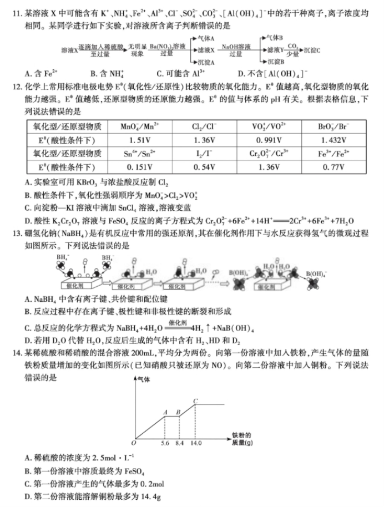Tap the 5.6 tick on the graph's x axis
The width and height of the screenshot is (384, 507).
coord(165,444)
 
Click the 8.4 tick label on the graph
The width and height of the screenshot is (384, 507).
coord(179,444)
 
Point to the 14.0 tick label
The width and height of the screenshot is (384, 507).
coord(196,444)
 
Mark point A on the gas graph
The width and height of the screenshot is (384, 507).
coord(165,412)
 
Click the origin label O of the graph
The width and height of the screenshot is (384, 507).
coord(133,443)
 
